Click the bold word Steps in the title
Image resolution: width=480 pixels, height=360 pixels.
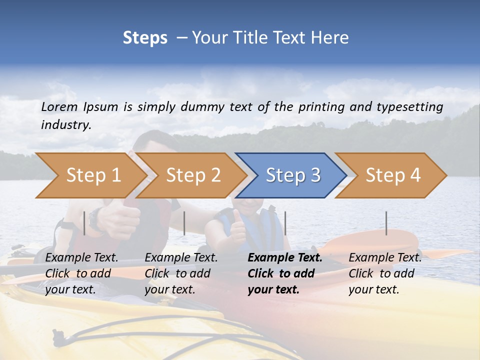click(x=145, y=38)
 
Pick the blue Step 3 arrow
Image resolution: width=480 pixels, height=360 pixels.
click(x=293, y=175)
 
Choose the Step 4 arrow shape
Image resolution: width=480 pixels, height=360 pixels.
click(x=393, y=175)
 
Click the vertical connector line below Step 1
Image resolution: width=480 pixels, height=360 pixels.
click(x=84, y=223)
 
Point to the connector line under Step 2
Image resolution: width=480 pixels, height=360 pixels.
click(x=184, y=223)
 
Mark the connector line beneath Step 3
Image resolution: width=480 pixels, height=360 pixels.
click(x=285, y=223)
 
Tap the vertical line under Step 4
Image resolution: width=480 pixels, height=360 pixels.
click(x=386, y=223)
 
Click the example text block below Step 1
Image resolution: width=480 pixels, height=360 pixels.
click(x=81, y=273)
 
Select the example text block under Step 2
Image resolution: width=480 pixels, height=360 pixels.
click(x=181, y=273)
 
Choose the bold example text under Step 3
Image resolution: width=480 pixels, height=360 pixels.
click(x=284, y=273)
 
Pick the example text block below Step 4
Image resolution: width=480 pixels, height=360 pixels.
click(x=385, y=273)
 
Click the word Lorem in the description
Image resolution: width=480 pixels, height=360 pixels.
click(x=59, y=106)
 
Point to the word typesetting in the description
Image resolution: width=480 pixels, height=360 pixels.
click(x=409, y=107)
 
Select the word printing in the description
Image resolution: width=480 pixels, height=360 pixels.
click(x=322, y=107)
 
